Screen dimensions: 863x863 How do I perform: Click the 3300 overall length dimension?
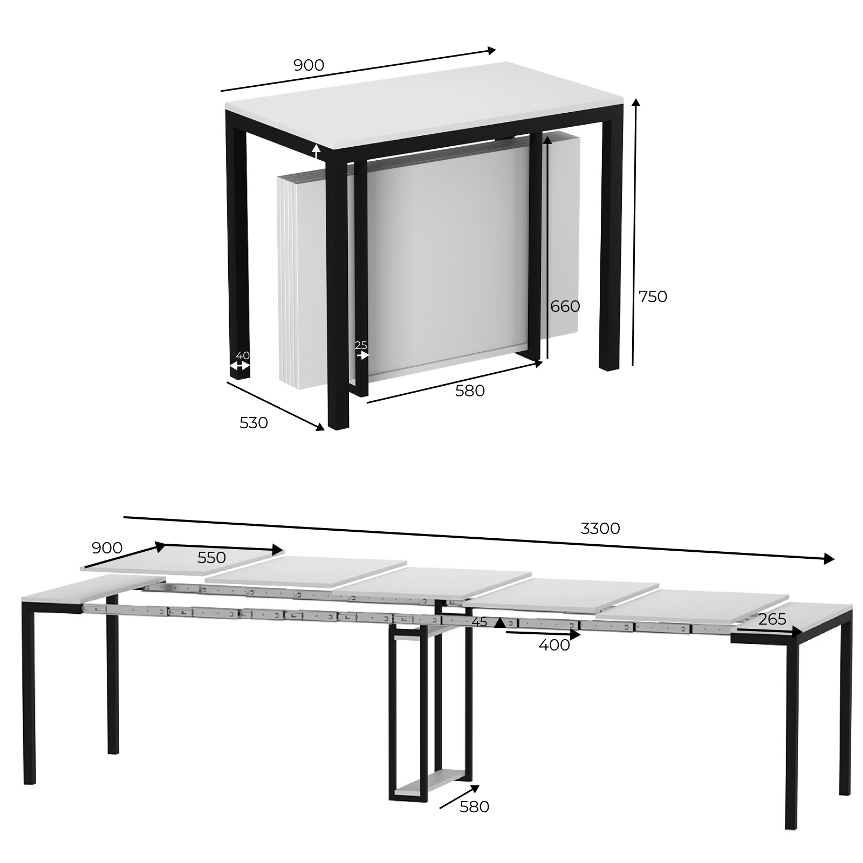[x=600, y=529]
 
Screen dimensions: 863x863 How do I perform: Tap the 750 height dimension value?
[x=653, y=297]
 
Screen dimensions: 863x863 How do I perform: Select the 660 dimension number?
[x=565, y=306]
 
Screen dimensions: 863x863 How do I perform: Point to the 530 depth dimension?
[x=254, y=423]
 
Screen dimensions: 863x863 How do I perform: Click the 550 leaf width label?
[x=211, y=558]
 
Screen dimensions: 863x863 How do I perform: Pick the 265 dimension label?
[x=772, y=620]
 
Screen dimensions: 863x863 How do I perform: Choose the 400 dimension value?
[x=554, y=645]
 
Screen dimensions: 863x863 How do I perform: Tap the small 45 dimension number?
[x=480, y=622]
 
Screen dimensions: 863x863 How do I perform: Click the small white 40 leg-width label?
[x=243, y=356]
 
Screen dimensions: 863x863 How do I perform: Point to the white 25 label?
[x=361, y=345]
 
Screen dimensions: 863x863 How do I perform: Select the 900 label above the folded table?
[x=309, y=65]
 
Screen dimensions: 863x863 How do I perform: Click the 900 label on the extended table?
[x=107, y=548]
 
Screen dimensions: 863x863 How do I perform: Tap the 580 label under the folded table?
[x=470, y=391]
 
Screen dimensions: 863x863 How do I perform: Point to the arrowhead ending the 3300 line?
[x=830, y=559]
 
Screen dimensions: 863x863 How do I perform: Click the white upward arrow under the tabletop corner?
[x=317, y=152]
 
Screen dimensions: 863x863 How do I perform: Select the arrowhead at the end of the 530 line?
[x=320, y=427]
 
